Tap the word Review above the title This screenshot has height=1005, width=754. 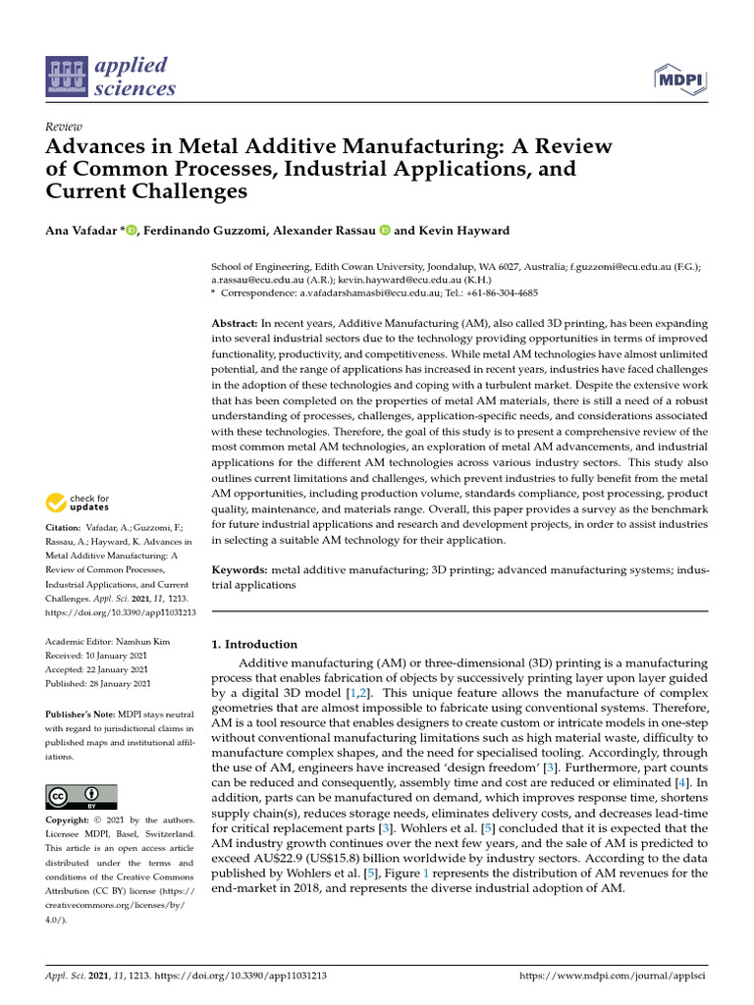click(x=64, y=127)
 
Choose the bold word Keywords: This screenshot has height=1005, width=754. click(x=241, y=569)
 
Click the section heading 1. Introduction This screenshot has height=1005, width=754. click(x=254, y=645)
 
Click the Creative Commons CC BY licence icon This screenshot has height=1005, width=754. click(x=81, y=796)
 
